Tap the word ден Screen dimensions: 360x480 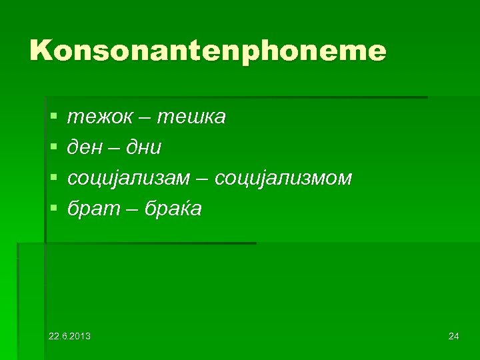click(x=85, y=148)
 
